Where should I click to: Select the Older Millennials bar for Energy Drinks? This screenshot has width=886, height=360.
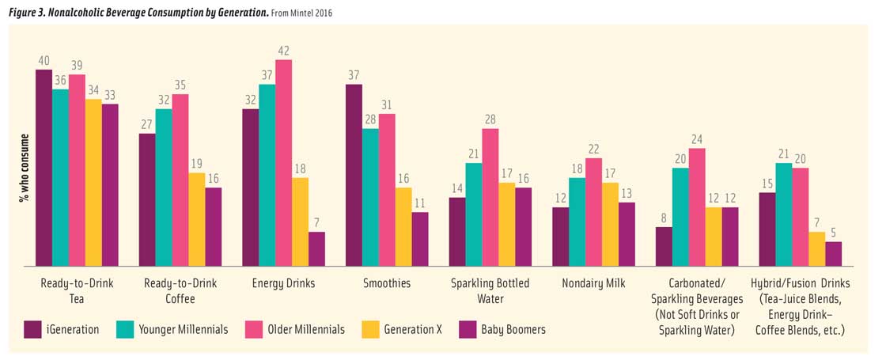click(x=283, y=162)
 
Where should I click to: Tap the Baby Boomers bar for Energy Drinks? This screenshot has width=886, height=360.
click(x=316, y=248)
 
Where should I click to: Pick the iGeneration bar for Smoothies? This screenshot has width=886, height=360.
click(x=354, y=175)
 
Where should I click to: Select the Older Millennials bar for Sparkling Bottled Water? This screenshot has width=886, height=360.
click(x=490, y=197)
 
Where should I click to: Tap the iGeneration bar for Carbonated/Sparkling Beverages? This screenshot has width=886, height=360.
click(x=664, y=246)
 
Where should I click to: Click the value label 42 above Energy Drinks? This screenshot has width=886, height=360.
click(x=283, y=51)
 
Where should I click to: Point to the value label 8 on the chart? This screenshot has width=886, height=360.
click(x=664, y=219)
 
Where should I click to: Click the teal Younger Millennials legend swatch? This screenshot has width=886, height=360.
click(x=125, y=329)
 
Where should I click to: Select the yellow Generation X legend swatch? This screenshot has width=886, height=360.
click(x=369, y=329)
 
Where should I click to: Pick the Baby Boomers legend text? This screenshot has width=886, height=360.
click(x=513, y=329)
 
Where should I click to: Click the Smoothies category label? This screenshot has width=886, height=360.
click(x=386, y=283)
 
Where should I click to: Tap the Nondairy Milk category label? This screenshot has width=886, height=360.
click(x=593, y=283)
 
